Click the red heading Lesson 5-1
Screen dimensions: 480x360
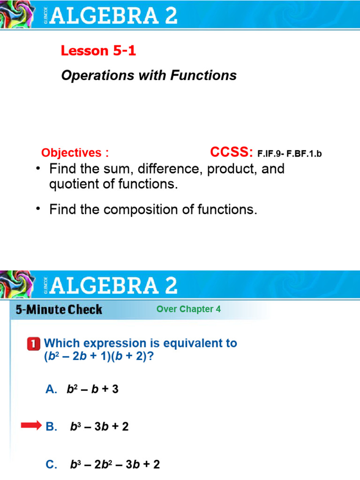[98, 51]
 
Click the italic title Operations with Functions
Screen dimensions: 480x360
[149, 75]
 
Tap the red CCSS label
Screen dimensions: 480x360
[232, 152]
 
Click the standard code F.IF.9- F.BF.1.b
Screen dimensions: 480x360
[290, 153]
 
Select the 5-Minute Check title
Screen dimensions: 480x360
[59, 309]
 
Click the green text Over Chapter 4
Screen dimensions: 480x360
[188, 309]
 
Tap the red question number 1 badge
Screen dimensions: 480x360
[34, 344]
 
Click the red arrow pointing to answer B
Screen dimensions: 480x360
[31, 426]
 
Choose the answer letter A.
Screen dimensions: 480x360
[51, 389]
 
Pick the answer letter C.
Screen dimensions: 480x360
[51, 465]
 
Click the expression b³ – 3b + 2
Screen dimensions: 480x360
[99, 427]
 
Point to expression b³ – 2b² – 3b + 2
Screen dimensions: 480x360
[115, 465]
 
